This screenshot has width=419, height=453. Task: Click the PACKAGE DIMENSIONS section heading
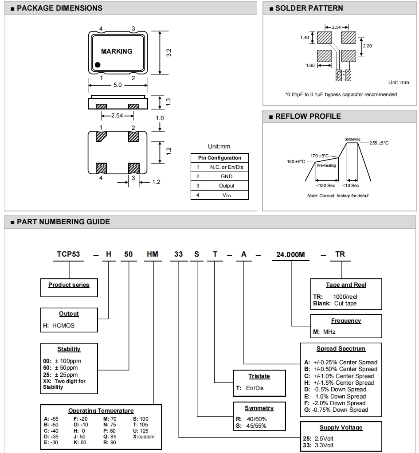59,8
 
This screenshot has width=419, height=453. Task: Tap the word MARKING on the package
117,51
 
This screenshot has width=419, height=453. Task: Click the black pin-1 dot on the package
98,65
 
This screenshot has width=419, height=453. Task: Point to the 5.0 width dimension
117,85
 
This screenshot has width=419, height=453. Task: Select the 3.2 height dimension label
168,52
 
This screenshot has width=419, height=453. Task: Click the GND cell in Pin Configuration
226,176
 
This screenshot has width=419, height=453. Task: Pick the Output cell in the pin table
226,186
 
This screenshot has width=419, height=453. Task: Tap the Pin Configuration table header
219,158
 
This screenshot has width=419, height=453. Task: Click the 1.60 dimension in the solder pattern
310,66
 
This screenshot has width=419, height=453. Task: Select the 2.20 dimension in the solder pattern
367,46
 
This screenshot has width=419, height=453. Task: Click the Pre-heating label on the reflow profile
326,165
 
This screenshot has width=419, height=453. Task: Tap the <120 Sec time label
325,185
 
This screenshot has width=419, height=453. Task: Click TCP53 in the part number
68,254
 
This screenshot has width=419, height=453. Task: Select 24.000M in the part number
290,254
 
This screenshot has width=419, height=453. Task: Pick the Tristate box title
259,376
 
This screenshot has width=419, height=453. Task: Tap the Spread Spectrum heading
341,349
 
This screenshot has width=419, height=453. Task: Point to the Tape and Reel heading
346,285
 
